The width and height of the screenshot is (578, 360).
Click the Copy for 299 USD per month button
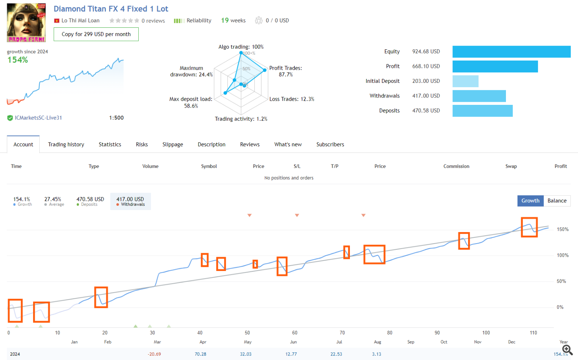pyautogui.click(x=96, y=34)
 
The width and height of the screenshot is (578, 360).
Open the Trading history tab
pyautogui.click(x=66, y=145)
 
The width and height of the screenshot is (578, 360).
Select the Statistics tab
pyautogui.click(x=110, y=145)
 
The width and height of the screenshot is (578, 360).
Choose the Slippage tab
pyautogui.click(x=173, y=145)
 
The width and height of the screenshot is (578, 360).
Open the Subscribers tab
pyautogui.click(x=330, y=145)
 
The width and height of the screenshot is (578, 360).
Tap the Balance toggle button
pyautogui.click(x=557, y=201)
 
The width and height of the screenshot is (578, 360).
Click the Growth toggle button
pyautogui.click(x=530, y=201)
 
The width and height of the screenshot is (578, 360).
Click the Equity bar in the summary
pyautogui.click(x=511, y=52)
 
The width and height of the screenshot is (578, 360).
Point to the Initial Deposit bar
pyautogui.click(x=465, y=81)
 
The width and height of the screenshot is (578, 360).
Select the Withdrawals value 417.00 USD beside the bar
pyautogui.click(x=426, y=96)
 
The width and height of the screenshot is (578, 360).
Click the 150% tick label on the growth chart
pyautogui.click(x=563, y=229)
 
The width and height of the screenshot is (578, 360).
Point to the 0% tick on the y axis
pyautogui.click(x=560, y=307)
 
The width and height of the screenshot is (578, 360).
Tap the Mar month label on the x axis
pyautogui.click(x=157, y=342)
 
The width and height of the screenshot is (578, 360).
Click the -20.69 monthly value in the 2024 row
pyautogui.click(x=154, y=354)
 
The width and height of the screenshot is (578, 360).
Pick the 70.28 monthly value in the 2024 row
pyautogui.click(x=200, y=354)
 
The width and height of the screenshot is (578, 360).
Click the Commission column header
pyautogui.click(x=456, y=167)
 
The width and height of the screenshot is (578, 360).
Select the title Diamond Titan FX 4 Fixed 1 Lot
pyautogui.click(x=111, y=9)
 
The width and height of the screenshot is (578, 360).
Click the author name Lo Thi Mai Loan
pyautogui.click(x=80, y=21)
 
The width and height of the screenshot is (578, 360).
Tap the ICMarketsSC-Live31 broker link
pyautogui.click(x=38, y=118)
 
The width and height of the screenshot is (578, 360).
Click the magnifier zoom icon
pyautogui.click(x=567, y=350)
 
